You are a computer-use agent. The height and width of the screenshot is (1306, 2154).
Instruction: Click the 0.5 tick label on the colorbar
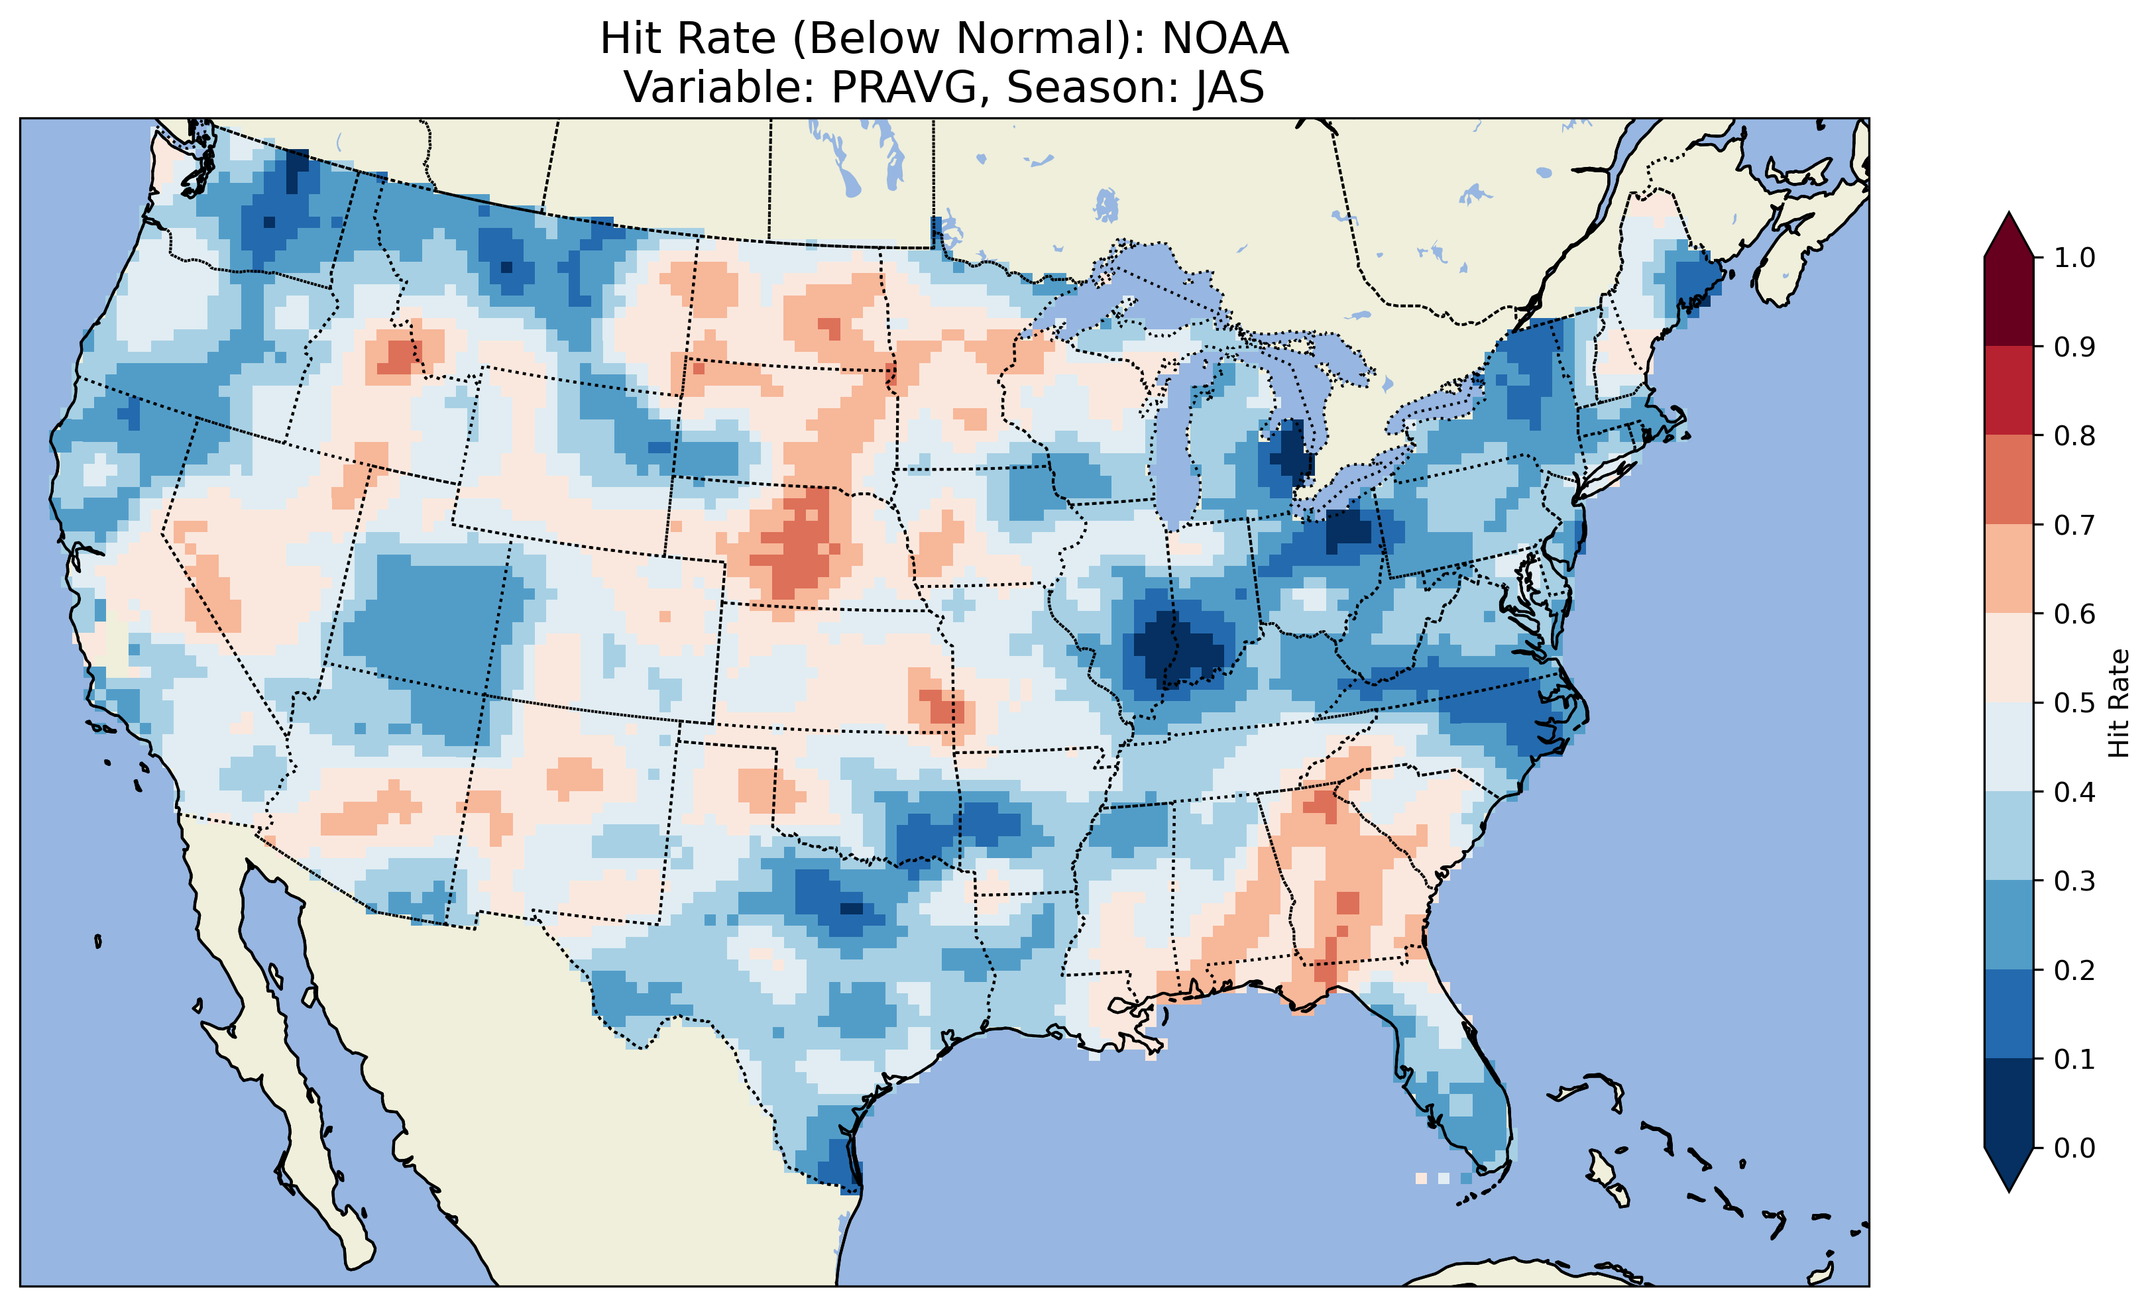click(2074, 703)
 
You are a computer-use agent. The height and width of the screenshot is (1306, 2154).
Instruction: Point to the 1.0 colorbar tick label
click(2074, 258)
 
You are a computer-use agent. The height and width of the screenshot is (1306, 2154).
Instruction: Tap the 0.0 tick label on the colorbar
click(2074, 1148)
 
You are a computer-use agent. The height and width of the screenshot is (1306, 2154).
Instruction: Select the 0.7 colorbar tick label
click(2074, 525)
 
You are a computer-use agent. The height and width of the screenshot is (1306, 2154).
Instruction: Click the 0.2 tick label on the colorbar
click(2074, 970)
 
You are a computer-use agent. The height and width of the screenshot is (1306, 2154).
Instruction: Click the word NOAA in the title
click(1225, 39)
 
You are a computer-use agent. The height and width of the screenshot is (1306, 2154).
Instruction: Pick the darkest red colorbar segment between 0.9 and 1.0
click(2009, 301)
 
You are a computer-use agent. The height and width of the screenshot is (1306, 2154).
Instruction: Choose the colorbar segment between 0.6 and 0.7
click(2009, 569)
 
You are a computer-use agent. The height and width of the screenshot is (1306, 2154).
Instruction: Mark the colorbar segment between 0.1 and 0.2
click(2009, 1014)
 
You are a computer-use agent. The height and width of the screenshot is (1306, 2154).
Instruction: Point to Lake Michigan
click(1176, 437)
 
